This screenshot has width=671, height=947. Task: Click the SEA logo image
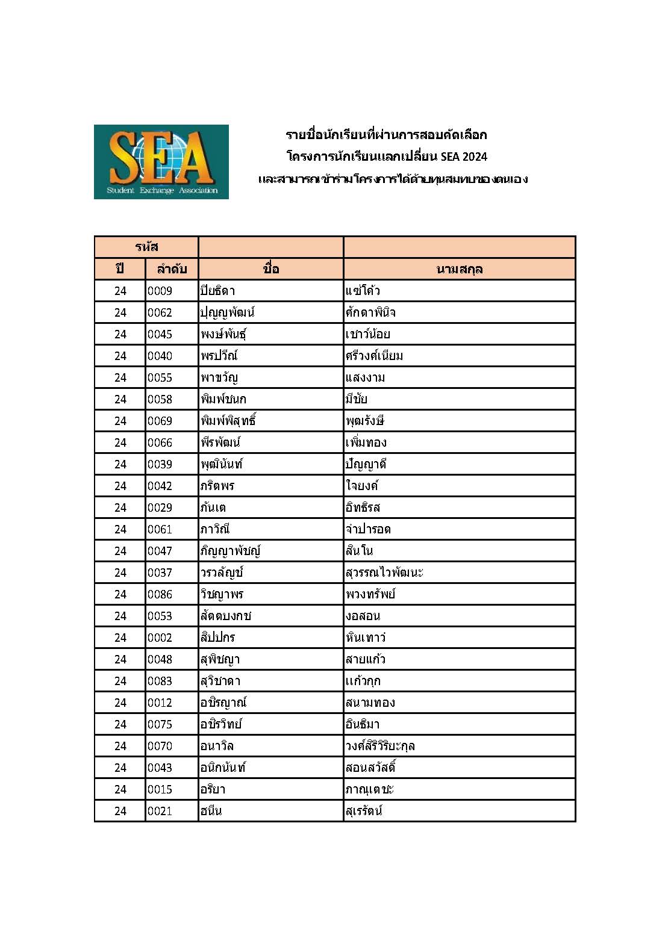[161, 161]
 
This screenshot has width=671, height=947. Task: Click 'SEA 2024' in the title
[463, 157]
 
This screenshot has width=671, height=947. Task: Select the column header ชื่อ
[270, 269]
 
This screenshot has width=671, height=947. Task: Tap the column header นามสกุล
[459, 269]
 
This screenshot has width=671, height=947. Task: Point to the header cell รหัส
[146, 247]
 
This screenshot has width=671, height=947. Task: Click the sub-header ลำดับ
[172, 269]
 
